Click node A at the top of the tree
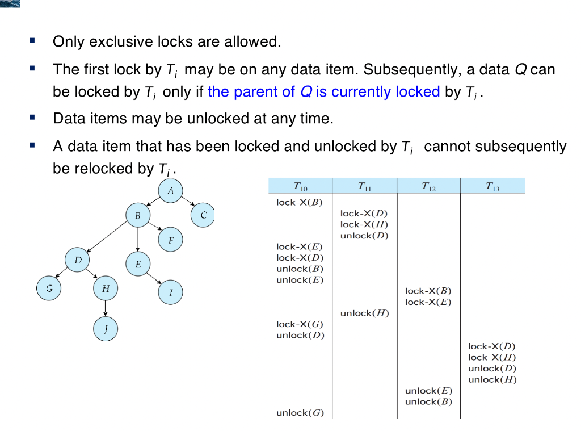[x=171, y=191]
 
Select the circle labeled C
[x=203, y=215]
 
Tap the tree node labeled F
[x=171, y=240]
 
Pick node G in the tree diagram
[x=49, y=288]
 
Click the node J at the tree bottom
[x=106, y=328]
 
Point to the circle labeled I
[x=171, y=292]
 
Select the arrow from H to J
[x=106, y=308]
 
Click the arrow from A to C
[x=189, y=203]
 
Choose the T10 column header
[x=300, y=186]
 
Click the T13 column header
[x=492, y=186]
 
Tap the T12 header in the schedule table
[x=428, y=186]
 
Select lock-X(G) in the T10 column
[x=300, y=324]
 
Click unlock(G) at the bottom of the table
[x=300, y=413]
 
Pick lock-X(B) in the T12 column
[x=428, y=291]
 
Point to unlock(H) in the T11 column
[x=364, y=313]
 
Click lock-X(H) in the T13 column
[x=492, y=357]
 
